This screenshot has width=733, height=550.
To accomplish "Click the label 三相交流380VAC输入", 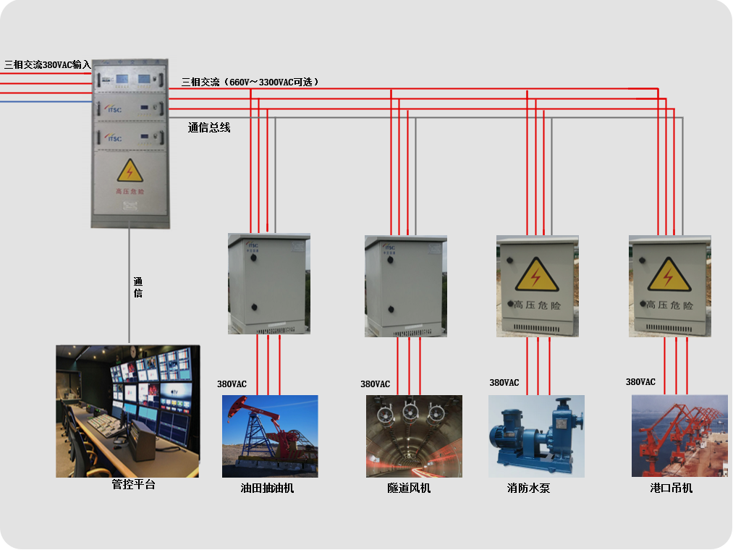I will pos(47,65).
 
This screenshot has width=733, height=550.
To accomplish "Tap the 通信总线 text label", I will pos(209,128).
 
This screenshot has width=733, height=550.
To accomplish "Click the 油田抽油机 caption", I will pos(268,488).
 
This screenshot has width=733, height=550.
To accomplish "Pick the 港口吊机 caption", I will pos(671,488).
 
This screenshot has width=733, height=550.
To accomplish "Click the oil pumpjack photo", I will pos(270,436).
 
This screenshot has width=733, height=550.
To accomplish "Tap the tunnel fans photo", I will pos(414,436).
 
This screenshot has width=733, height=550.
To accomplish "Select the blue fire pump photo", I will pos(536,435).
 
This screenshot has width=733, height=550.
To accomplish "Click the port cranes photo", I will pos(679,435).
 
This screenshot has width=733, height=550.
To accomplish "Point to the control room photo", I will pos(127,411).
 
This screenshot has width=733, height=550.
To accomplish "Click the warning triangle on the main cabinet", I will pos(130,171).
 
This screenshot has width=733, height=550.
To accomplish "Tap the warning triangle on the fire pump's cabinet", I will pos(536,275).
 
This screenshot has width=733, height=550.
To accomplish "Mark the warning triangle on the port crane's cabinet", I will pos(669,275).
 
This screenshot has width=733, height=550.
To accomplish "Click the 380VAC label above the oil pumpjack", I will pos(232,384).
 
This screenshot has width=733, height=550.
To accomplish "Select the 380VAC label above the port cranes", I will pos(640,382).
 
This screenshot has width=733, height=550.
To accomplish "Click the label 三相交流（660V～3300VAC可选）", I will pos(250,82).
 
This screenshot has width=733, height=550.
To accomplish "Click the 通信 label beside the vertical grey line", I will pos(138,287).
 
